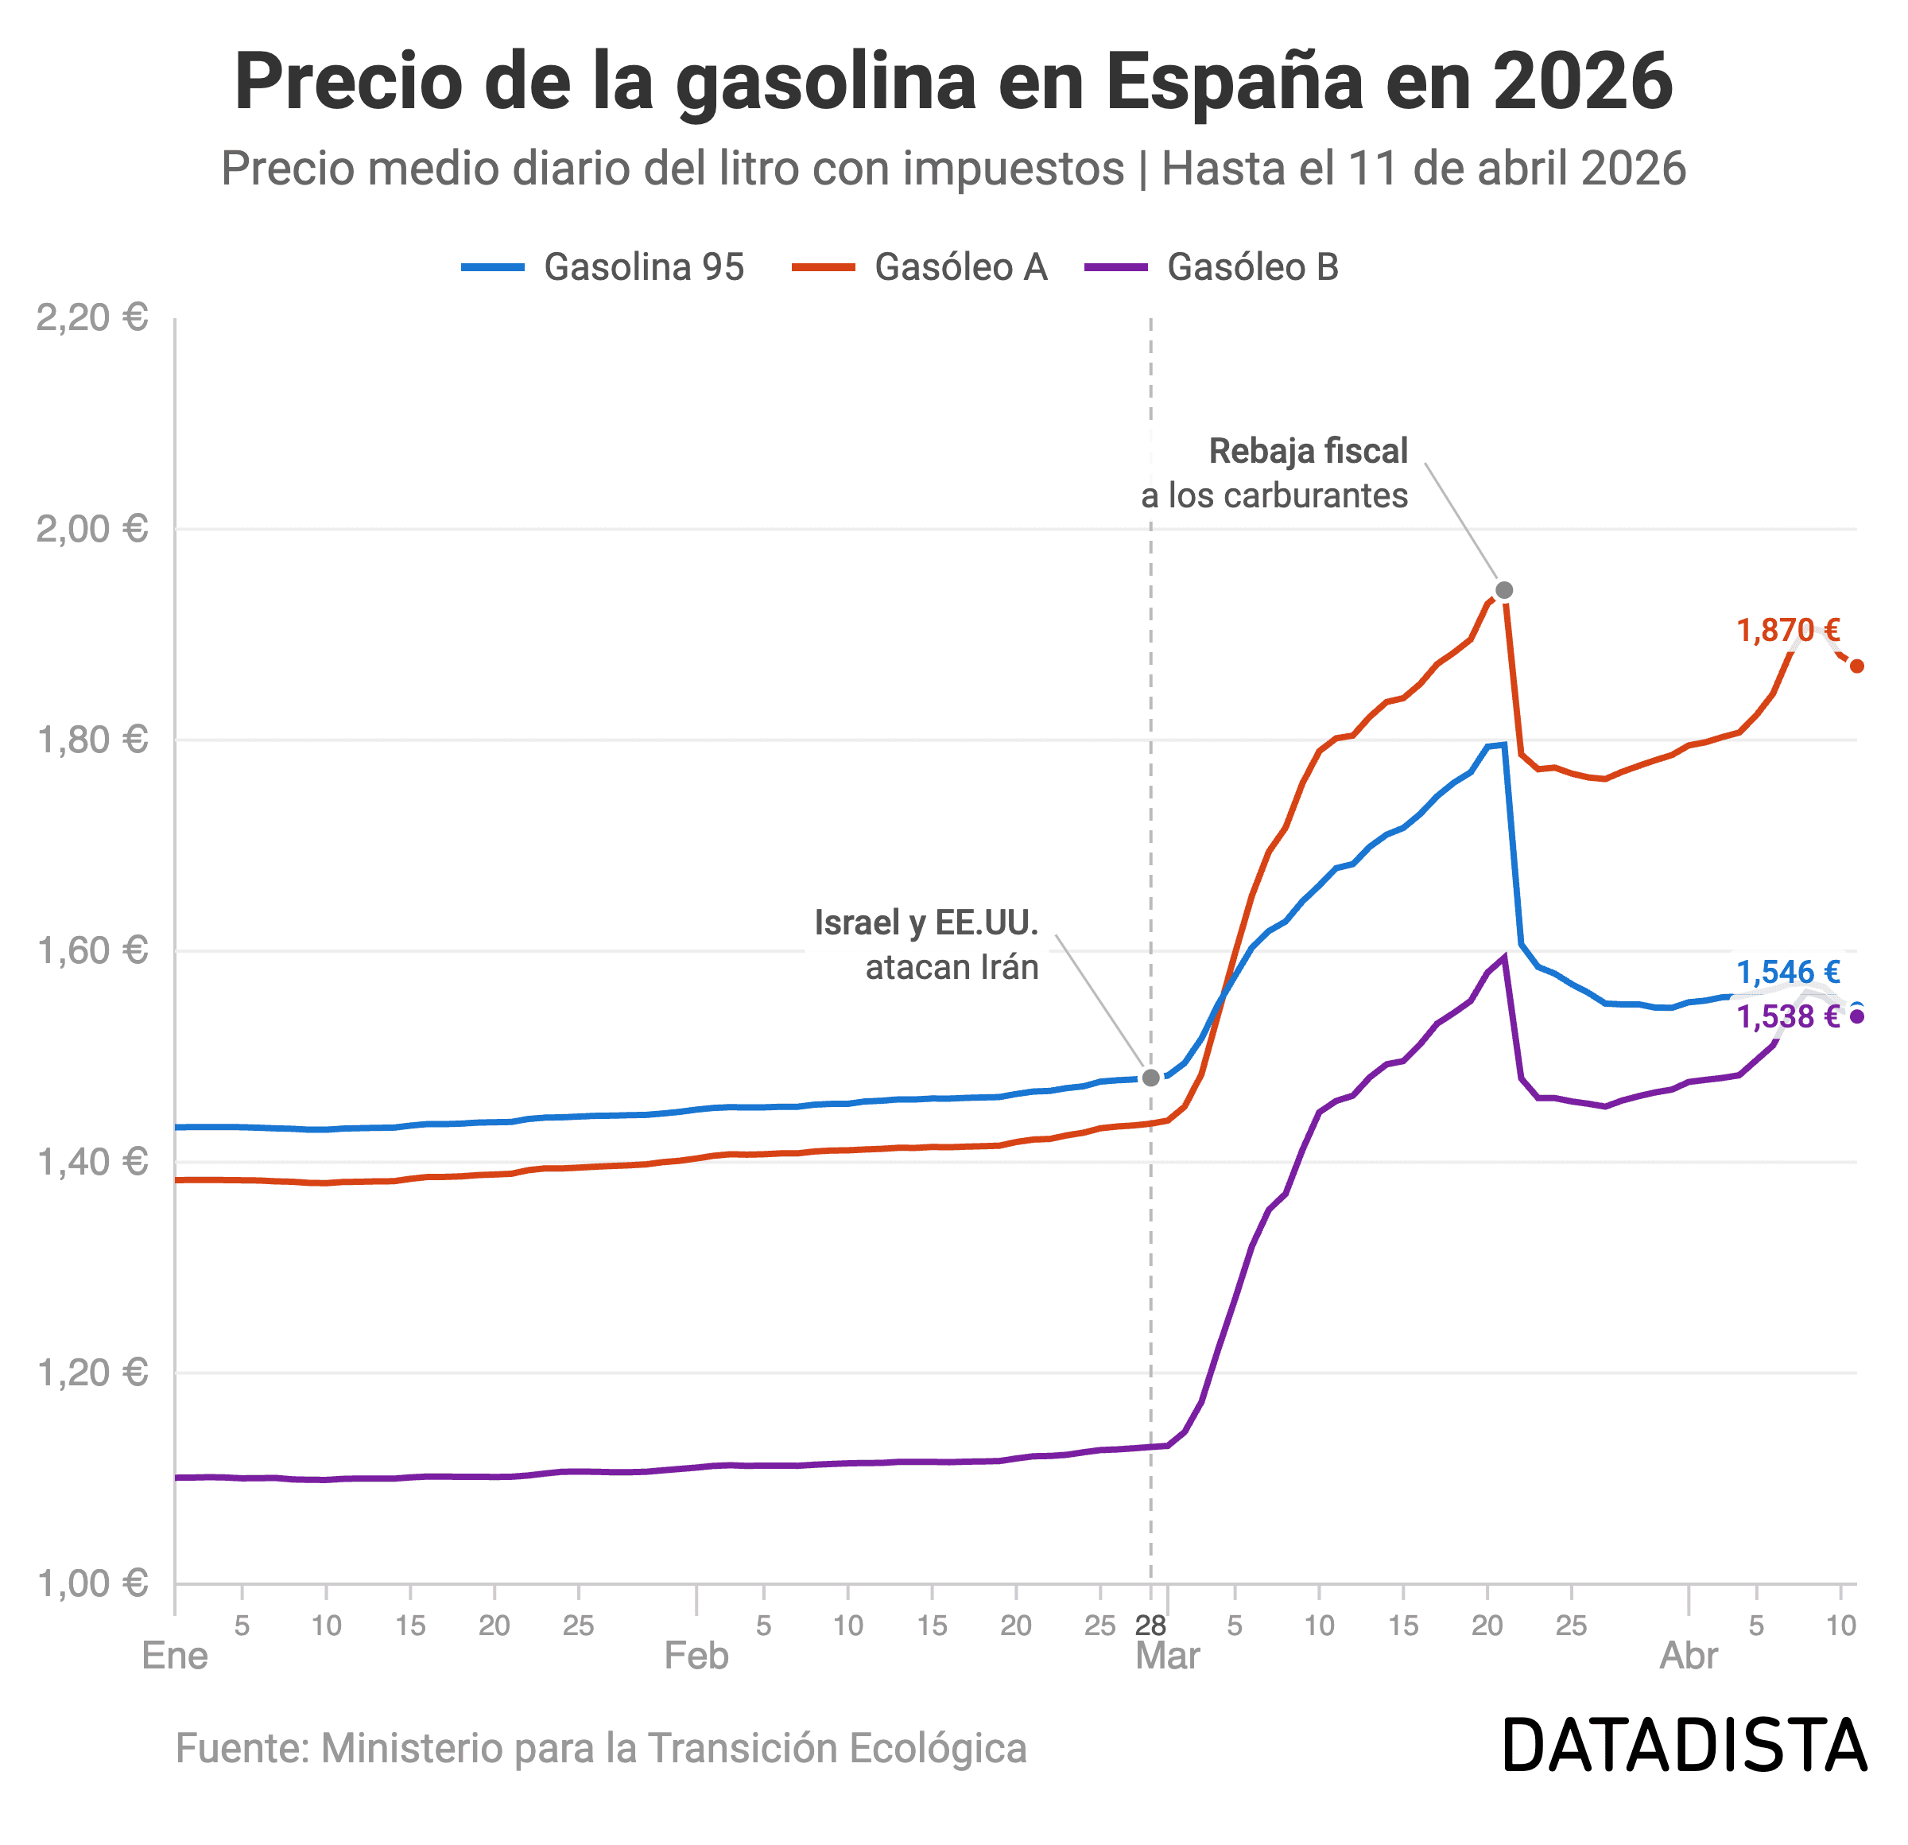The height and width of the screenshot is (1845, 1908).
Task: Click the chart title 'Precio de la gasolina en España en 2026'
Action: (x=953, y=82)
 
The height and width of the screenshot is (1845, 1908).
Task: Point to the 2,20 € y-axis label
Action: (x=91, y=317)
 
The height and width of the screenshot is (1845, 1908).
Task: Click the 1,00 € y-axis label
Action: (x=91, y=1584)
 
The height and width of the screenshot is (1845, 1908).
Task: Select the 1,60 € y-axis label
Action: (x=91, y=950)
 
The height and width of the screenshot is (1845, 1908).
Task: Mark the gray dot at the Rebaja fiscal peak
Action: (x=1504, y=590)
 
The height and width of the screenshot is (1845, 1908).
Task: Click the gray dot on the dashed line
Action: (x=1150, y=1078)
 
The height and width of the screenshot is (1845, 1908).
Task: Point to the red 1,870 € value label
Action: (x=1788, y=631)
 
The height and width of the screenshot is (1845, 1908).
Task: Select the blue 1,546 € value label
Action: (x=1788, y=972)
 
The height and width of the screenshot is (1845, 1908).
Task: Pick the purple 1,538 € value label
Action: (x=1788, y=1016)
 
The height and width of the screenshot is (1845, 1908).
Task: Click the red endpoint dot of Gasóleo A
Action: (x=1856, y=666)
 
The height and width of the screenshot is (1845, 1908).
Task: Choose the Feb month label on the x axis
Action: (x=696, y=1656)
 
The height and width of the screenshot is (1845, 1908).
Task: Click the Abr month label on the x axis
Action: (x=1689, y=1656)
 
